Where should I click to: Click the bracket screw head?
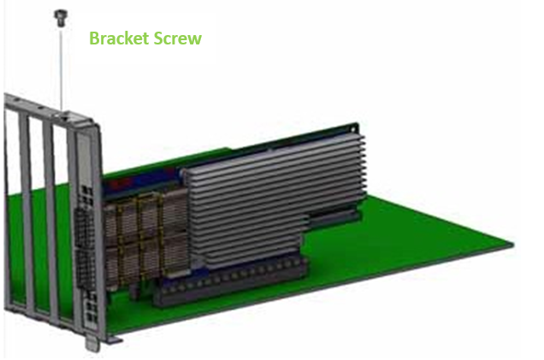point(61,17)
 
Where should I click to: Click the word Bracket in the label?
point(119,38)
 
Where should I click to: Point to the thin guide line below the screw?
point(62,69)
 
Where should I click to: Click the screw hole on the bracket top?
point(64,117)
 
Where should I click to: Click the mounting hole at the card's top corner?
point(353,129)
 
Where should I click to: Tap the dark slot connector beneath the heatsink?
point(229,281)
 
